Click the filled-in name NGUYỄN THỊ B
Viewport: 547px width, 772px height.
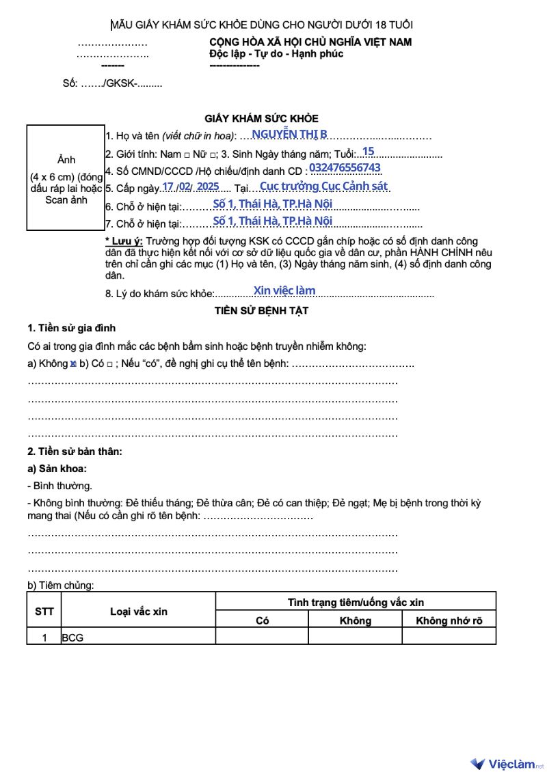(289, 134)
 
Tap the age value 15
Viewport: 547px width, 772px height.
(368, 151)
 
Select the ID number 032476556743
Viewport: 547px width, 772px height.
(345, 168)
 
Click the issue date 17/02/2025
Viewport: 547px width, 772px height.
(191, 186)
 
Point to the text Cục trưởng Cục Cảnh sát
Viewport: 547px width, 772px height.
(323, 186)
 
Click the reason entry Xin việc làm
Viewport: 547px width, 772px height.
(284, 290)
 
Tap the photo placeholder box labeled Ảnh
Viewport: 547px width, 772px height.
(66, 178)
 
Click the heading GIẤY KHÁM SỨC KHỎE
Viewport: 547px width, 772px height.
(261, 118)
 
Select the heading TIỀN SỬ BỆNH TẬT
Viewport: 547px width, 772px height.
(261, 311)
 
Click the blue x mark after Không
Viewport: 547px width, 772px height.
(72, 363)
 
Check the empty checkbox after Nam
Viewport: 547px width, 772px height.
(187, 155)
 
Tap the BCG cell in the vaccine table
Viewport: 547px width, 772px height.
(72, 638)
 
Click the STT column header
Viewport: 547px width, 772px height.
(44, 611)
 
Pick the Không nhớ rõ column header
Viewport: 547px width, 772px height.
(449, 620)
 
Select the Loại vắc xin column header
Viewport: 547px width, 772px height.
(138, 611)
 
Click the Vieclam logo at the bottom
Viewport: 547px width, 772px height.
(506, 763)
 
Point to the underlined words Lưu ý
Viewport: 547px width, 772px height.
(124, 241)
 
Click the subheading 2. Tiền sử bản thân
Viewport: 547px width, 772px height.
(75, 452)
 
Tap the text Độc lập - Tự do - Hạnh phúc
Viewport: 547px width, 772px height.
(276, 54)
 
